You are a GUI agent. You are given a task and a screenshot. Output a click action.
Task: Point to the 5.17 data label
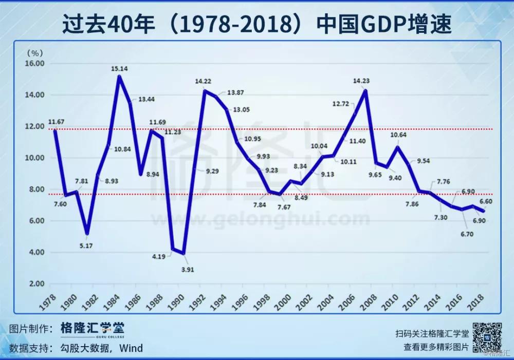[86, 246]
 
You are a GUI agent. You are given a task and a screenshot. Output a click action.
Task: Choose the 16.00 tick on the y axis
[35, 64]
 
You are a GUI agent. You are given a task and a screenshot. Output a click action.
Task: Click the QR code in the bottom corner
[487, 336]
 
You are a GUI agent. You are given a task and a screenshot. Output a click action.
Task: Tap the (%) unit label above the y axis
[34, 52]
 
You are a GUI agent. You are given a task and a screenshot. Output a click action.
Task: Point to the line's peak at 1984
[119, 77]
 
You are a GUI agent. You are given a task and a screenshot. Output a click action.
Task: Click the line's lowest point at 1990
[183, 253]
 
